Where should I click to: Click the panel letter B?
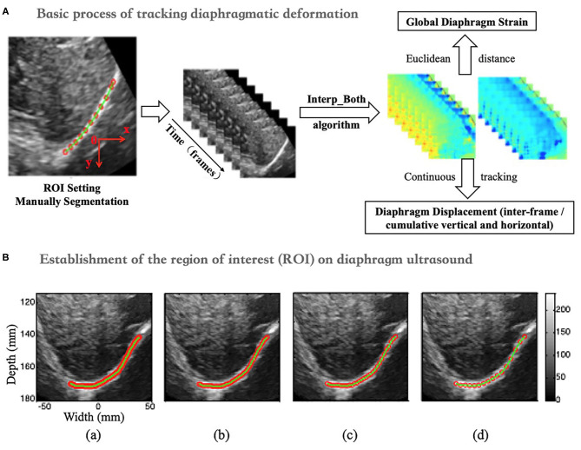click(7, 259)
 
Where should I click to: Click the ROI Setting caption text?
click(76, 189)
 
